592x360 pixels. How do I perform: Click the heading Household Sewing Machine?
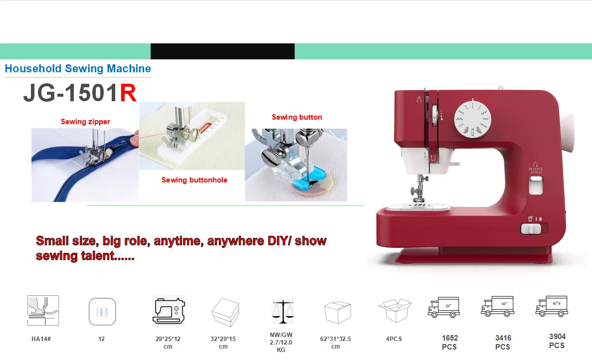point(78,69)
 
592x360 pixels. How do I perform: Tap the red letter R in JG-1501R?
point(128,93)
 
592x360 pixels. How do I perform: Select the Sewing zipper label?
point(85,122)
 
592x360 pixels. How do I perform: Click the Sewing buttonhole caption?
point(194,180)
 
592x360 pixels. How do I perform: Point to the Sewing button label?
point(297,117)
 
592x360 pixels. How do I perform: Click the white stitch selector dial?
point(472,119)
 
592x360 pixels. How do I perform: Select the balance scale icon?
point(283,312)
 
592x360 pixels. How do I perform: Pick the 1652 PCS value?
point(449,342)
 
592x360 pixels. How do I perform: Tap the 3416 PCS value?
point(503,342)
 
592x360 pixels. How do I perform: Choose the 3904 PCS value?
point(557,341)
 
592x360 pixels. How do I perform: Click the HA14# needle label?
point(41,339)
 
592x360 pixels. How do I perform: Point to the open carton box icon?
point(395,310)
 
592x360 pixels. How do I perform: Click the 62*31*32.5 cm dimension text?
point(335,343)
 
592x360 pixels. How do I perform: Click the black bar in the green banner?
point(222,51)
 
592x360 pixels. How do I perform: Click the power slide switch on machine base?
point(531,229)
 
